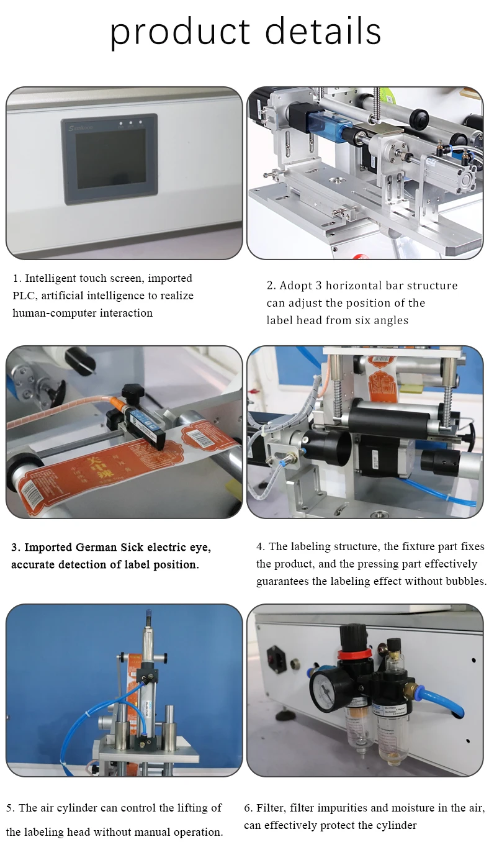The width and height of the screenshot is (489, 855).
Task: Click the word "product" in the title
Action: tap(179, 32)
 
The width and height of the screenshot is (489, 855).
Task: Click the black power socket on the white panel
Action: tap(274, 657)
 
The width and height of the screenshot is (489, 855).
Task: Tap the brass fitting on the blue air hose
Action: tap(409, 688)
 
